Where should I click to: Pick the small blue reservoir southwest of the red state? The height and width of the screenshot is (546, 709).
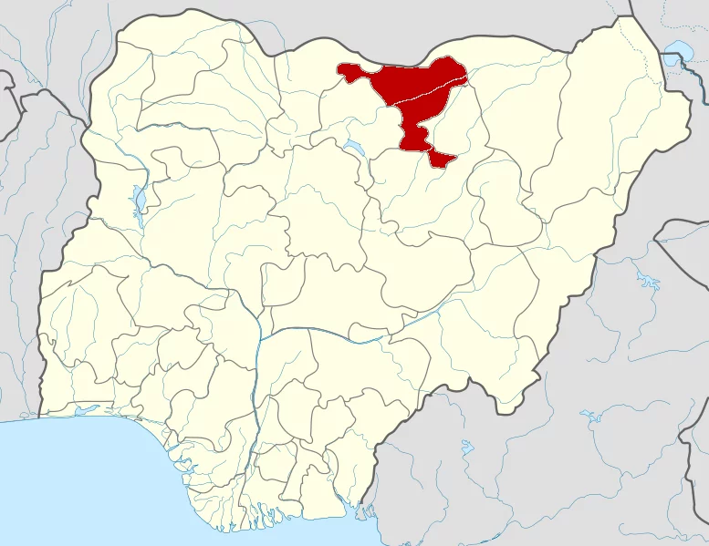click(352, 146)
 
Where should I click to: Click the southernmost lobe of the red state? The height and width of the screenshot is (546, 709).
click(442, 160)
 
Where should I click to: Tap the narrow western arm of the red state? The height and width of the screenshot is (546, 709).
click(351, 70)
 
